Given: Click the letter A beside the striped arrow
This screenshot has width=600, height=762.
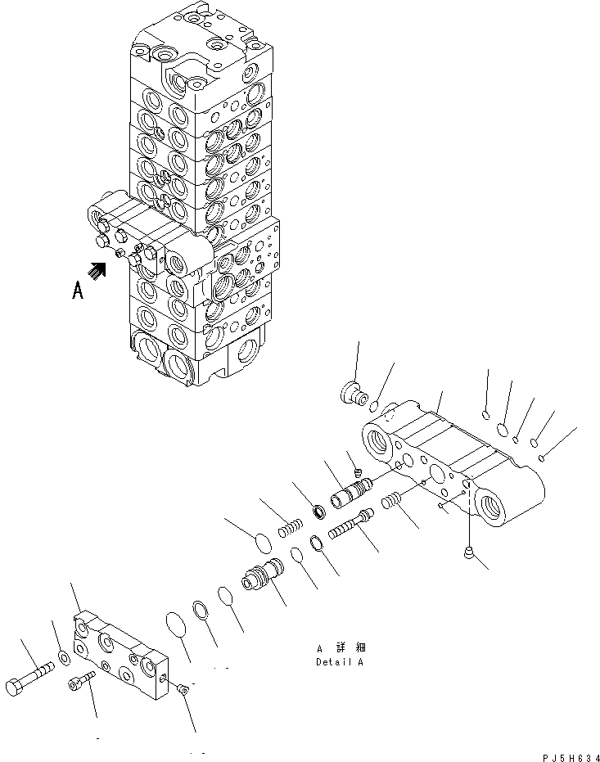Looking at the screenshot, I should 78,290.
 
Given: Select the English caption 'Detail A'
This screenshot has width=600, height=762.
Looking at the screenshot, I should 339,662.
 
